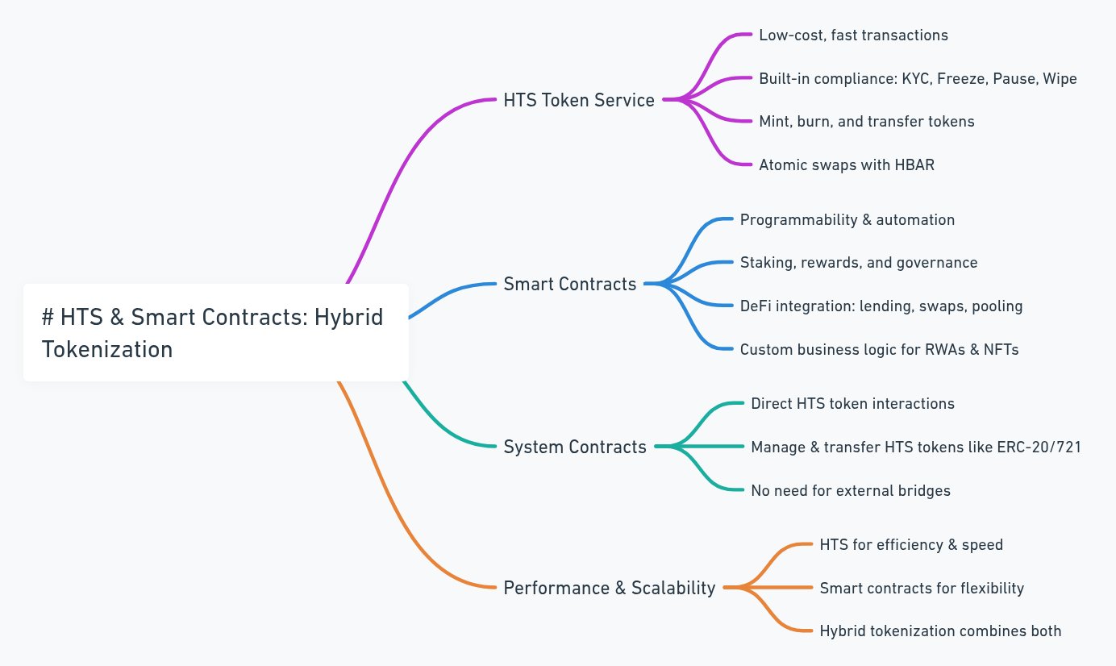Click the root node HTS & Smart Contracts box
click(x=216, y=332)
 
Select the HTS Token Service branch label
click(x=579, y=100)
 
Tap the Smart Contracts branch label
click(x=570, y=284)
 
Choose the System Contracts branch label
click(x=575, y=447)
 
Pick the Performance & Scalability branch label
click(x=610, y=588)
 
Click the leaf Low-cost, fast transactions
click(x=853, y=35)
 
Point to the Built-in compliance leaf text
click(x=918, y=79)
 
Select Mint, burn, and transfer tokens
click(x=866, y=122)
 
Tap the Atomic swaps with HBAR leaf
click(x=847, y=164)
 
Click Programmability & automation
click(x=847, y=219)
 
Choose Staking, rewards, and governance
click(x=859, y=263)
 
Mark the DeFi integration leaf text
click(x=881, y=306)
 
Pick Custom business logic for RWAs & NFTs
click(x=880, y=350)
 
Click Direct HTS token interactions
click(x=852, y=403)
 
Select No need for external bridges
click(x=851, y=491)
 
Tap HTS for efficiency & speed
click(x=911, y=544)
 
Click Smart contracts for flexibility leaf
click(x=922, y=589)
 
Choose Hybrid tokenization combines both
click(x=940, y=631)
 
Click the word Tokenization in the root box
click(x=107, y=349)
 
